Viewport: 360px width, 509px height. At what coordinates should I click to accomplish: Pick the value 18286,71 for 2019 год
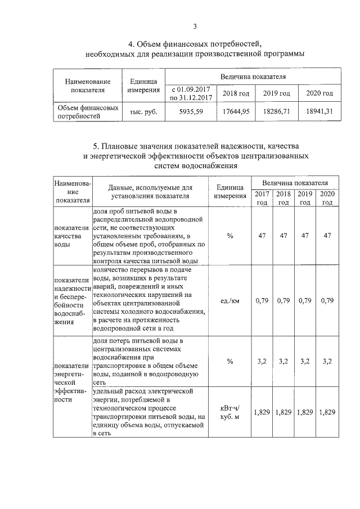tap(276, 111)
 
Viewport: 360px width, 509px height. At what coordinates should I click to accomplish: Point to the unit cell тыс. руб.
tap(143, 111)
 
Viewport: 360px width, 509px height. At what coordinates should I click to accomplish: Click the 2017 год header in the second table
tap(262, 198)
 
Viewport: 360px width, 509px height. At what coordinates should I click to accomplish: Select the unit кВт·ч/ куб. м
tap(229, 413)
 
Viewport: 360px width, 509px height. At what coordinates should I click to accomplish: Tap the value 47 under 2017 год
tap(262, 236)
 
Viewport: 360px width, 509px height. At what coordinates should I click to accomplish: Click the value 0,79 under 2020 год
tap(327, 300)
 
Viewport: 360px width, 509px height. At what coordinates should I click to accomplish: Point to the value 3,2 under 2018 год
tap(283, 361)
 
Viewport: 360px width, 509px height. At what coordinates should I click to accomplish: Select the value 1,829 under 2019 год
tap(305, 412)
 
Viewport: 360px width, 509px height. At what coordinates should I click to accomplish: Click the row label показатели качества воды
tap(71, 236)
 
